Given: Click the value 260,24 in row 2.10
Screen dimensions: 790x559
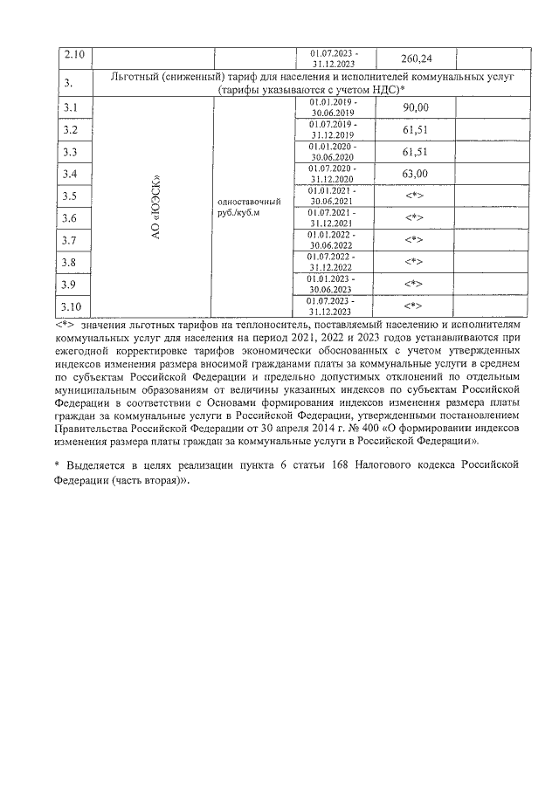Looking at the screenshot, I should (x=416, y=58).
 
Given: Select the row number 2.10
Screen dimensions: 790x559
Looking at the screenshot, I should (x=74, y=57).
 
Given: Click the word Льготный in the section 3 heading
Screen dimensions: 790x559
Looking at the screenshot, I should (x=140, y=78).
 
